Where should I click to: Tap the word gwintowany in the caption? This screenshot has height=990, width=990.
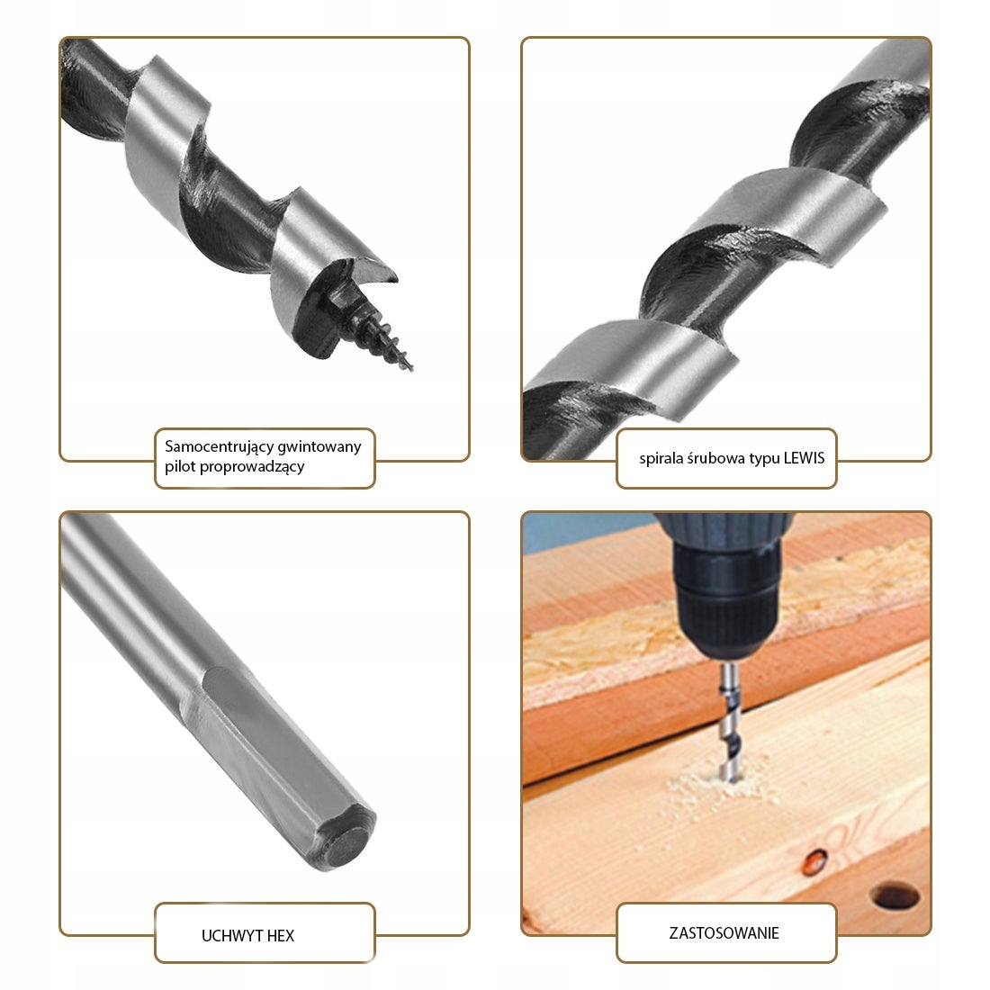tap(319, 447)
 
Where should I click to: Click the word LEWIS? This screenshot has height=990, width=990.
tap(804, 458)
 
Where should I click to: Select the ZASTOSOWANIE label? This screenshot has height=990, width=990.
tap(724, 933)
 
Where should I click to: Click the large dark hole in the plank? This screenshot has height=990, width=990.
tap(895, 896)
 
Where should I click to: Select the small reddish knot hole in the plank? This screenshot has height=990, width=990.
tap(815, 861)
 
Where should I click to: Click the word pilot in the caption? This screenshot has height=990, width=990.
tap(180, 467)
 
